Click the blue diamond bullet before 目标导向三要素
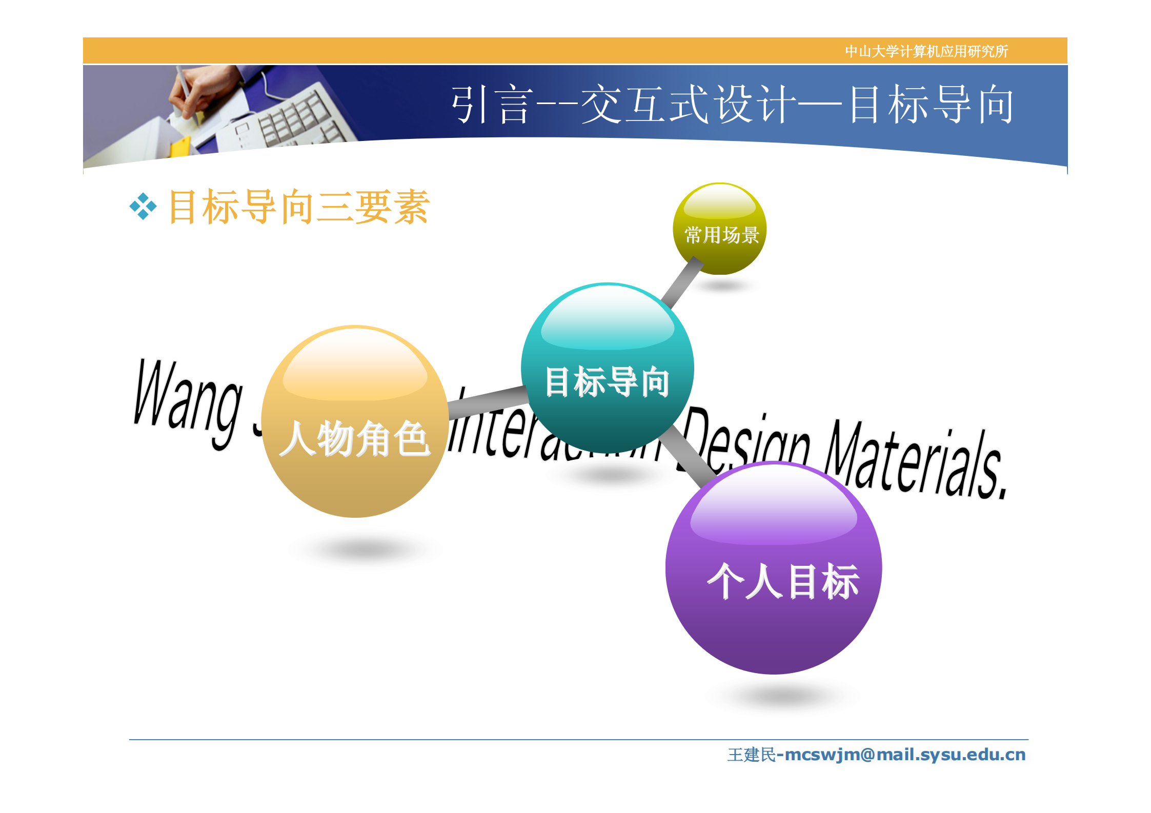143,207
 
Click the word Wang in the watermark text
187,400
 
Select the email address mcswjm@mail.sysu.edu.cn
905,755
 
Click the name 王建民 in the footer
751,755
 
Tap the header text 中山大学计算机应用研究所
926,51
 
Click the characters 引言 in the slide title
490,105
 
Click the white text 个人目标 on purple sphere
782,582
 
